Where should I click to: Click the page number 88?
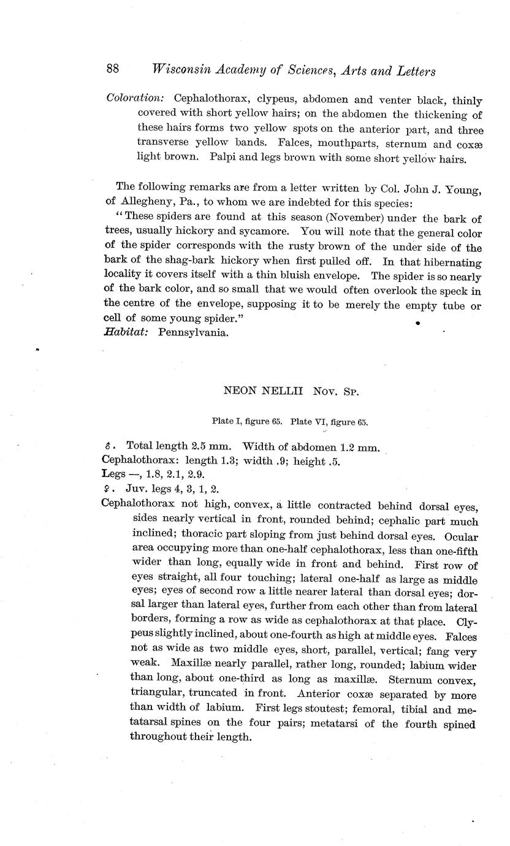point(113,69)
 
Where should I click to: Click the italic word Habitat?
point(127,332)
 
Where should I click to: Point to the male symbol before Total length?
point(107,448)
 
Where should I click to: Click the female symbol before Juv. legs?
point(107,489)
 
